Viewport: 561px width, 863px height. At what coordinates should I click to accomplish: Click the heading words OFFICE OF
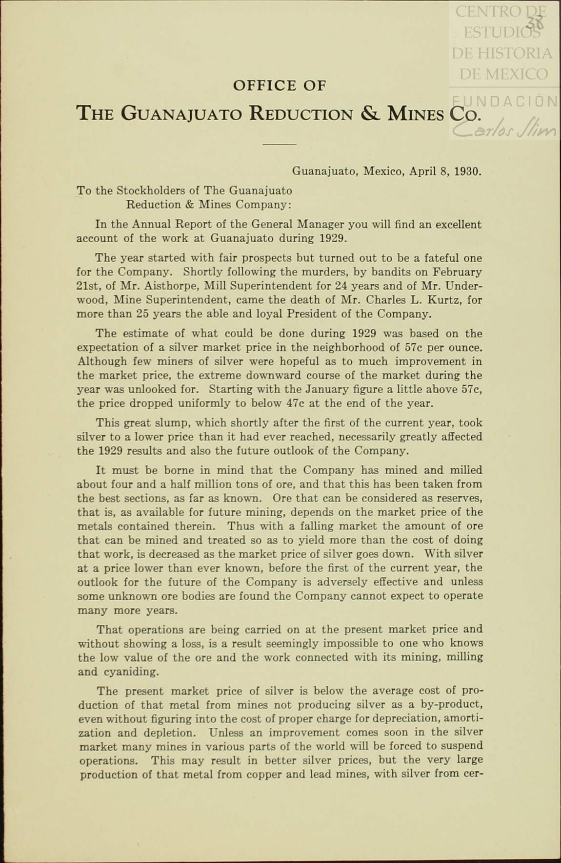[279, 86]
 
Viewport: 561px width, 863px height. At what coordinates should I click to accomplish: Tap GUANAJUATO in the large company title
[181, 114]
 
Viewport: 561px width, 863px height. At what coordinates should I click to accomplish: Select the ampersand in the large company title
[369, 113]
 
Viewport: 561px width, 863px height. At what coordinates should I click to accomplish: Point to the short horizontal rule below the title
[279, 145]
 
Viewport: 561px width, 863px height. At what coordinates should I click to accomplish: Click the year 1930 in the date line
[467, 172]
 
